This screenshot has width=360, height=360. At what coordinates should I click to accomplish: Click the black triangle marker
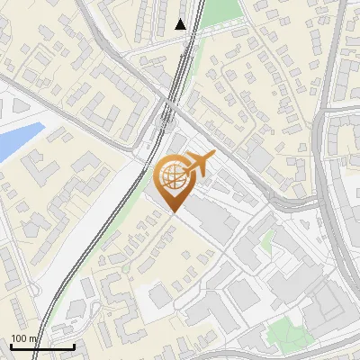point(181,24)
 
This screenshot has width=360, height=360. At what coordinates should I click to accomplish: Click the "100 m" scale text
point(24,338)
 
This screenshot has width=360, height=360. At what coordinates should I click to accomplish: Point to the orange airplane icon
point(200,165)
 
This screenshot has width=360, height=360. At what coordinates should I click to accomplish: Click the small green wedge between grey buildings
point(266,240)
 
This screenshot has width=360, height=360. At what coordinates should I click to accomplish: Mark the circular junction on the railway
point(167,114)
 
